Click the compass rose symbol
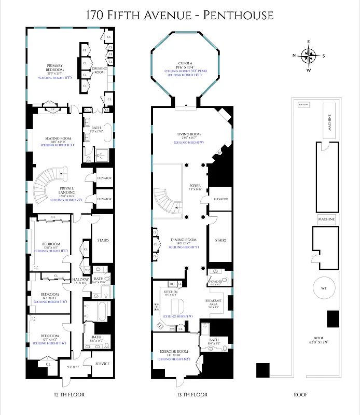[x=309, y=55]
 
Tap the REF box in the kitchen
[x=173, y=284]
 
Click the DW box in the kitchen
[x=172, y=328]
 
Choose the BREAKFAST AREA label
[x=213, y=303]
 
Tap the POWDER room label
[x=216, y=281]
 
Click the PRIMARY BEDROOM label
[x=54, y=67]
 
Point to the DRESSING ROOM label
[x=100, y=70]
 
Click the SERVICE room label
[x=103, y=364]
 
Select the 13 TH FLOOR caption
[x=192, y=395]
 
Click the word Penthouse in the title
[x=238, y=16]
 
